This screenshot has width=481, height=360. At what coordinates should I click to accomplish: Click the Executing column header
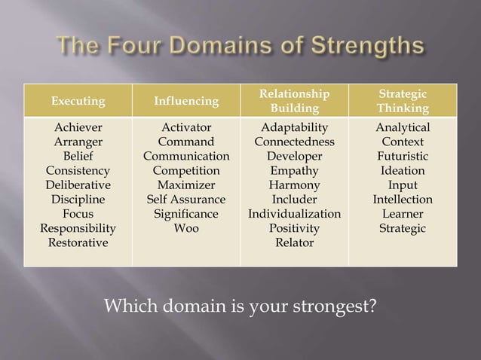78,101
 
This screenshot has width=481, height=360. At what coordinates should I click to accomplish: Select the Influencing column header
186,101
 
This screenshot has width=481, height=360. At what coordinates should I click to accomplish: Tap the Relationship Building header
294,101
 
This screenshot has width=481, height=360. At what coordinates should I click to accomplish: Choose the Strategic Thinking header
403,101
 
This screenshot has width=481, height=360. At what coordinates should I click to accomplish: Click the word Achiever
78,127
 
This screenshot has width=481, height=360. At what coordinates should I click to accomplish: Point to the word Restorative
78,243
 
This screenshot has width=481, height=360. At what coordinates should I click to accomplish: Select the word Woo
186,228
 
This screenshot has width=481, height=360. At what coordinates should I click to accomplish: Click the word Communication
186,156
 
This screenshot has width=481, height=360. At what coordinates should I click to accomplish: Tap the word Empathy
294,170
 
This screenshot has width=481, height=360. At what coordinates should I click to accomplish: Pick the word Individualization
294,214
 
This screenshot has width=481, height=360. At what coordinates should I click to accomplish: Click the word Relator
294,243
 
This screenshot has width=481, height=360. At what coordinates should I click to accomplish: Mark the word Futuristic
403,156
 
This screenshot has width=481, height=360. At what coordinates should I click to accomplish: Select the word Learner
403,214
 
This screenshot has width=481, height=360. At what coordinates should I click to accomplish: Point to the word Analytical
403,127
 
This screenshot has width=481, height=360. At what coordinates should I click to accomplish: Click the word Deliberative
78,185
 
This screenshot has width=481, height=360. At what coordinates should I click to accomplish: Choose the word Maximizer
186,185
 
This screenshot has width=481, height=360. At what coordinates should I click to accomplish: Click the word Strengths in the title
369,47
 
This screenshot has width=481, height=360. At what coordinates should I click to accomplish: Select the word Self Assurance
186,200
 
